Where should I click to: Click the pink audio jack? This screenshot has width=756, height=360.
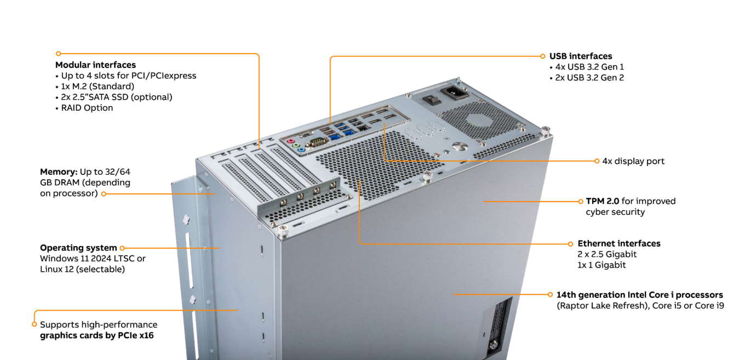coord(290,141)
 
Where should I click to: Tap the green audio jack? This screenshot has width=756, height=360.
coord(296,145)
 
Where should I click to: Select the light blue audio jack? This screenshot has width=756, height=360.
coord(302,150)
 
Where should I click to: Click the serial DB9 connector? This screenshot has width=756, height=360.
coord(317,142)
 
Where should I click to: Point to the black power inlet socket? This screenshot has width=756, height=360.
coord(455,92)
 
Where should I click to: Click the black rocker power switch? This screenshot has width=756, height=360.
coord(432,100)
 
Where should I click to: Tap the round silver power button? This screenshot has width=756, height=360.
coord(460,146)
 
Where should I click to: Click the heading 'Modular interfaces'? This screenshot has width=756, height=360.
coord(95,65)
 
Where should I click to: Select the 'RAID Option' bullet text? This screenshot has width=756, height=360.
coord(87,108)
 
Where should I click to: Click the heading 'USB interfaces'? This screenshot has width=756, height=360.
coord(581,56)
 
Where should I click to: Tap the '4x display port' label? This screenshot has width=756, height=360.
coord(633,161)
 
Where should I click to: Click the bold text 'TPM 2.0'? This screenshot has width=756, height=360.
coord(602,201)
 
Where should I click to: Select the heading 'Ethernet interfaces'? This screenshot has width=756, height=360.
coord(619,243)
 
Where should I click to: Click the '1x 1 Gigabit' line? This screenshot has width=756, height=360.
coord(602,265)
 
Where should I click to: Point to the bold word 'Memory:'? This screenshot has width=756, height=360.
coord(59,172)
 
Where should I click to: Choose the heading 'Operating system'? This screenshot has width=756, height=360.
coord(78,248)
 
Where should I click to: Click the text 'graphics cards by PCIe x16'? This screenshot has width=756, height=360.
coord(97,336)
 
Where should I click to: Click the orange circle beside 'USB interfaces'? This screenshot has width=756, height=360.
coord(543,56)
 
